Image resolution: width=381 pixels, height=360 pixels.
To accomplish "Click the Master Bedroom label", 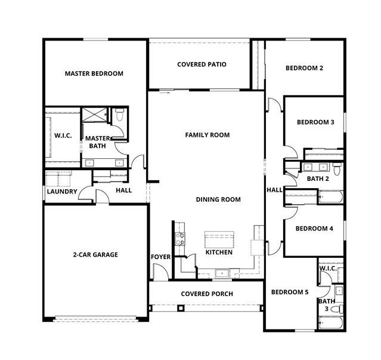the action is (94, 73).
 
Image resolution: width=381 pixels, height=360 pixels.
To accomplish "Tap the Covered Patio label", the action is (202, 64).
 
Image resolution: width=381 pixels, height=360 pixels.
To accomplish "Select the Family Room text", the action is (207, 135).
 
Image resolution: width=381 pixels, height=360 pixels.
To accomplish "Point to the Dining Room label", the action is (218, 199).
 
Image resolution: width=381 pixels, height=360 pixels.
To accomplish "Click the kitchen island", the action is (219, 239).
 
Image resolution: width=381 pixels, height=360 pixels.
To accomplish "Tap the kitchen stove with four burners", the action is (180, 239).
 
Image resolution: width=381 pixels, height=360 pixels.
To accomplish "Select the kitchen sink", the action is (222, 273).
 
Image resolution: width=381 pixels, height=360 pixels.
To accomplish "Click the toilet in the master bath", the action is (119, 115).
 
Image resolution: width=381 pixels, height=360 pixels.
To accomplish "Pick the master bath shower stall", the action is (94, 115).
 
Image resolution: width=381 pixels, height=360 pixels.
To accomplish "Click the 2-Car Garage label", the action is (95, 255).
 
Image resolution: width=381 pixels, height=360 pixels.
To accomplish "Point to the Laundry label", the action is (62, 192).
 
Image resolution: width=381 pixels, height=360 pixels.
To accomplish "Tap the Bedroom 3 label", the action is (315, 122).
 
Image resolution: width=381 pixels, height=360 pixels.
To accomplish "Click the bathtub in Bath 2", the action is (331, 196).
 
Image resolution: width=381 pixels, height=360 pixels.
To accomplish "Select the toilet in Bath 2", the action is (337, 168).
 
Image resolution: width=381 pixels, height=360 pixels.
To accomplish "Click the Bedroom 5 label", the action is (290, 292).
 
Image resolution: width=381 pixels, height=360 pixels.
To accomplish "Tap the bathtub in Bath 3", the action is (331, 322).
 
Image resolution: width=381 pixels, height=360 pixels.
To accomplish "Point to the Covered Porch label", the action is (207, 294).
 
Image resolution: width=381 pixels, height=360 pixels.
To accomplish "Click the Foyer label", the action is (160, 257).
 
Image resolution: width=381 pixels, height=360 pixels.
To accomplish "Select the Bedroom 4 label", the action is (314, 229).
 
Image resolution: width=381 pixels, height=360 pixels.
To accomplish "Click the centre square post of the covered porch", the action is (180, 308).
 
